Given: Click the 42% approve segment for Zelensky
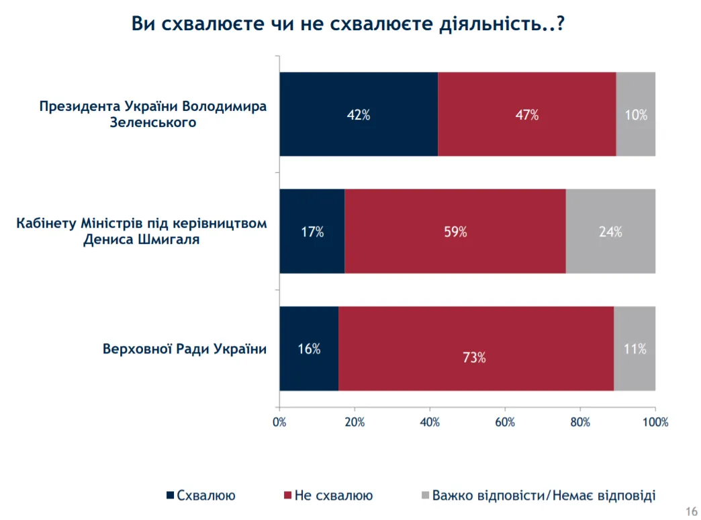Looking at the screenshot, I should click(359, 114).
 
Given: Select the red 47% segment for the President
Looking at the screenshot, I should click(526, 114).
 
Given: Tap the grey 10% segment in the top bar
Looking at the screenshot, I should click(635, 114).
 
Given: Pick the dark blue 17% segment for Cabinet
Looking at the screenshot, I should click(312, 232).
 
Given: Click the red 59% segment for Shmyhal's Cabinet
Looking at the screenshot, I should click(455, 232).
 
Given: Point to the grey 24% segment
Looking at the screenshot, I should click(610, 232).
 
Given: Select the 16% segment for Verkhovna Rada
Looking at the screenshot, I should click(309, 349).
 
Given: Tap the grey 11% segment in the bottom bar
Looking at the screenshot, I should click(634, 349).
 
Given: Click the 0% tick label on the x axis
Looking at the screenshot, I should click(279, 423).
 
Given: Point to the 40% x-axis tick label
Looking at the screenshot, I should click(430, 423).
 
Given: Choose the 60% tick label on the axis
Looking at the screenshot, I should click(505, 423).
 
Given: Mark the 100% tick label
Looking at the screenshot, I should click(655, 423).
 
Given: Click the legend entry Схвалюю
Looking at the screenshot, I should click(205, 496).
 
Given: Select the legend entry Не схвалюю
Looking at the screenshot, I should click(333, 496).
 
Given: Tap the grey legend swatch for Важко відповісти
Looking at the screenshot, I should click(424, 496).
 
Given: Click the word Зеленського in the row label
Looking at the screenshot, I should click(153, 123).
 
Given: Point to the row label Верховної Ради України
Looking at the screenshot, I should click(184, 349).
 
